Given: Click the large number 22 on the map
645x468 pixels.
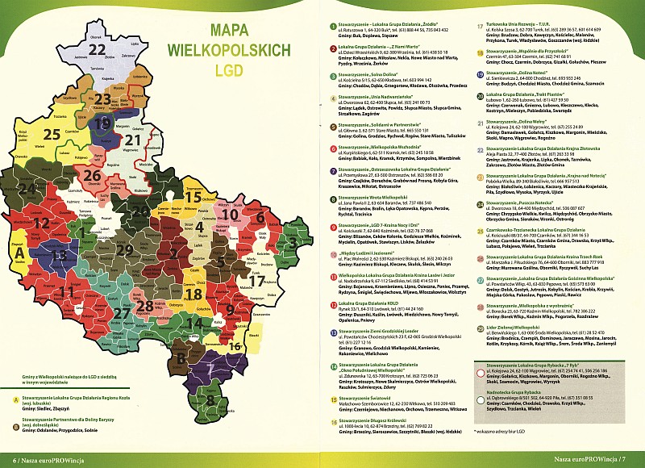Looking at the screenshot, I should click(x=98, y=51).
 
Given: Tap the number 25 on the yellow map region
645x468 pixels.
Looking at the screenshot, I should click(x=52, y=134).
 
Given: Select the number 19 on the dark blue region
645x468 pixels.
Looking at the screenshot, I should click(x=102, y=123).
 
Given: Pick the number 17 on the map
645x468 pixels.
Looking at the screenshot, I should click(x=257, y=282).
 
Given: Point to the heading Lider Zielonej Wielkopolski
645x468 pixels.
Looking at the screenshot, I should click(x=523, y=326).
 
